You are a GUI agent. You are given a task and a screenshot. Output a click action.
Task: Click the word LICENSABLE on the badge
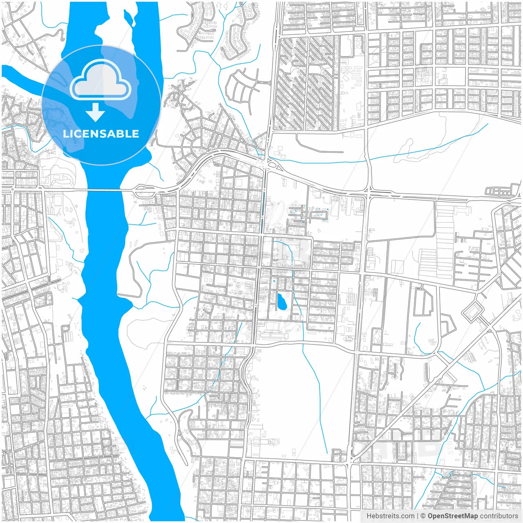(101, 134)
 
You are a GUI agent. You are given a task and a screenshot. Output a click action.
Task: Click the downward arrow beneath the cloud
(96, 112)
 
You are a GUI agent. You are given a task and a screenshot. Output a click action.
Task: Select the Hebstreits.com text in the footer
(390, 516)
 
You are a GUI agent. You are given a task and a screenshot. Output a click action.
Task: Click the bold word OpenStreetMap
(452, 516)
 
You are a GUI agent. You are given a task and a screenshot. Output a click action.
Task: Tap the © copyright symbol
(423, 516)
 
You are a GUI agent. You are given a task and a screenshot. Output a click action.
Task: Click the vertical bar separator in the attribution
(417, 516)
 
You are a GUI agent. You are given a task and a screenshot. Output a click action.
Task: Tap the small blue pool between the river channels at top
(129, 17)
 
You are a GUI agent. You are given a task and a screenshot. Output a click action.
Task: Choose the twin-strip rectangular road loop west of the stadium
(423, 302)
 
